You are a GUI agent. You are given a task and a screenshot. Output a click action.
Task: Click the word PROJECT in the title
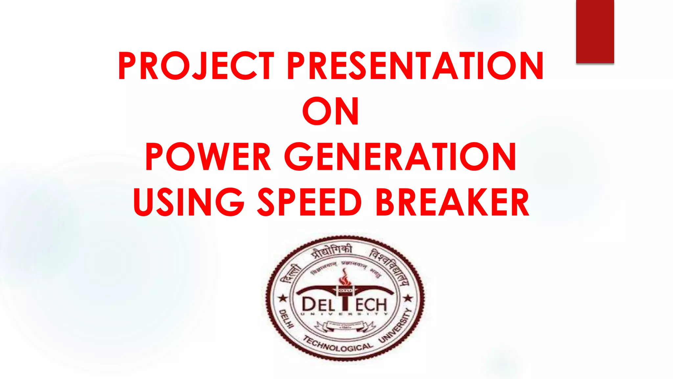[196, 66]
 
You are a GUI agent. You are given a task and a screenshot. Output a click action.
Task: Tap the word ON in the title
[331, 112]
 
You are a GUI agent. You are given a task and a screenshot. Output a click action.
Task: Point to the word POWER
[208, 157]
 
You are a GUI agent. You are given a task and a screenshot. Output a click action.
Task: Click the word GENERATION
[400, 157]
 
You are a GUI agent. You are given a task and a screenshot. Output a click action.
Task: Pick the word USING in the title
[189, 202]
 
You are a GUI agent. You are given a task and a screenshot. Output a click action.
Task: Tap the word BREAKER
[452, 202]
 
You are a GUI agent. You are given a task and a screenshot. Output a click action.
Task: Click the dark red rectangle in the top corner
[595, 32]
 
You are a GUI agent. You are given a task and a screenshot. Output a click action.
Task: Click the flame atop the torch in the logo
[344, 278]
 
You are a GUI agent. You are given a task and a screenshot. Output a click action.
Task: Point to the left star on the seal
[282, 299]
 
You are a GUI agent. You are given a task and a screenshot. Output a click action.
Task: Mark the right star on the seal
[408, 298]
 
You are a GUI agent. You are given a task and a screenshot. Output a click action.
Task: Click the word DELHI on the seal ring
[286, 318]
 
